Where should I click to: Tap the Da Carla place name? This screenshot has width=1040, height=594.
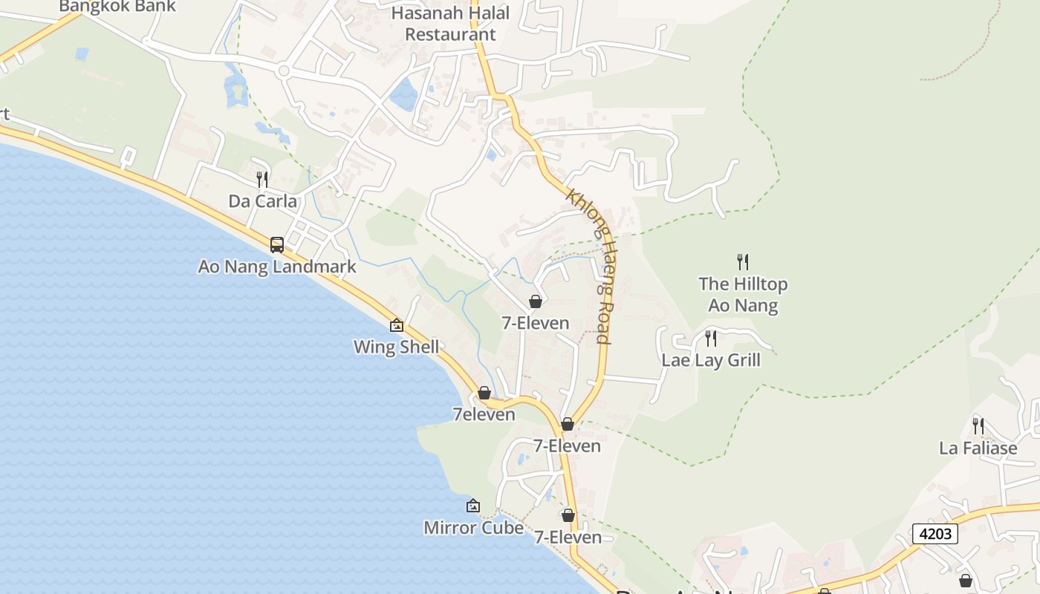(x=262, y=201)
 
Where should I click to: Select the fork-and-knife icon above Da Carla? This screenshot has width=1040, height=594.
(x=261, y=179)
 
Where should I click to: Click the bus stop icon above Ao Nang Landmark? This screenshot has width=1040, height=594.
(x=277, y=244)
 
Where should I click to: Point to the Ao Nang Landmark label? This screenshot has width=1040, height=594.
(x=277, y=267)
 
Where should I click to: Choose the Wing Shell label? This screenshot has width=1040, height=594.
(x=396, y=347)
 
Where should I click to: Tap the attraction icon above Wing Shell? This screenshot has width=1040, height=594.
(x=397, y=325)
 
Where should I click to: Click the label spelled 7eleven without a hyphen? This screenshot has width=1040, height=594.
(x=484, y=414)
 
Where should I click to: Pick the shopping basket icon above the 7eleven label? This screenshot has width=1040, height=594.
(x=484, y=392)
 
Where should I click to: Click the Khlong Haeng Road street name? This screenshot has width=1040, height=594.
(x=589, y=266)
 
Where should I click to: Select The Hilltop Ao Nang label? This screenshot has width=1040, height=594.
(x=743, y=295)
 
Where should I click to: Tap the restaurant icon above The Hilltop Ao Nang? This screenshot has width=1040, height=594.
(x=742, y=261)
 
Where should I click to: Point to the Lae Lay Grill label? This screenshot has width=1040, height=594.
(x=711, y=361)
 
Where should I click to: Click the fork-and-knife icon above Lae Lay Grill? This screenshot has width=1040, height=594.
(x=711, y=339)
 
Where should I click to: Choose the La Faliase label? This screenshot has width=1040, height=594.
(x=978, y=448)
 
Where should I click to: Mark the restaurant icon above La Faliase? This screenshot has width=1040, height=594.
(x=978, y=426)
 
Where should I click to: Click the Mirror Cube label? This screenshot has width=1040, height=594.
(x=473, y=528)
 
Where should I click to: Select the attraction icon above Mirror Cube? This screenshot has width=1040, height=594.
(x=473, y=506)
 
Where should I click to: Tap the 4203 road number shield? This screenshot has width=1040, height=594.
(x=935, y=534)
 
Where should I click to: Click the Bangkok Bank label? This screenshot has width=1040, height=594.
(x=117, y=7)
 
